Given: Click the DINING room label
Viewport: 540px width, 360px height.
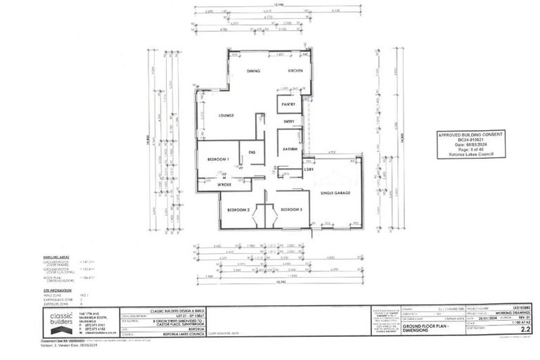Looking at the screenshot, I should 255,72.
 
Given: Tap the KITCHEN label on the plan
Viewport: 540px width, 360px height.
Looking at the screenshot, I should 295,72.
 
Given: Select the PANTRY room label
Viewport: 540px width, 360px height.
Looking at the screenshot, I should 288,104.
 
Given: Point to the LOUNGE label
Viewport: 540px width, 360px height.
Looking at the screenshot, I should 226,115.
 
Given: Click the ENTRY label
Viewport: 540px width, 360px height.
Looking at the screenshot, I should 288,122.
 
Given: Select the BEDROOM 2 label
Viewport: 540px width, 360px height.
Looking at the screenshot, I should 238,210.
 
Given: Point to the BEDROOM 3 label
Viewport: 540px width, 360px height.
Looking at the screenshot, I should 291,210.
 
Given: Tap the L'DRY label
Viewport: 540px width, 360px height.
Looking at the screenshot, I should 308,169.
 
